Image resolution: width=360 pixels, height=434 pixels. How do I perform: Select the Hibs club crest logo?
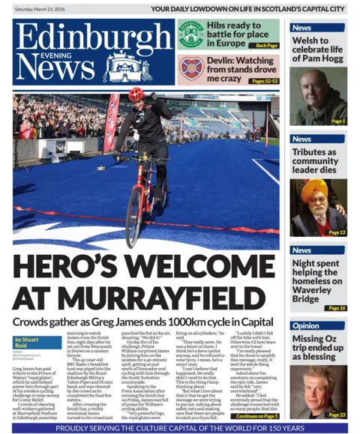191,34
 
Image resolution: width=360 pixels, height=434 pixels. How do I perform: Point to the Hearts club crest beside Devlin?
190,69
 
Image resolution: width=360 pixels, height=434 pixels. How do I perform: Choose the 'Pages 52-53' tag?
262,81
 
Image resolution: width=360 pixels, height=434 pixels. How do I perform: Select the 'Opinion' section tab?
305,326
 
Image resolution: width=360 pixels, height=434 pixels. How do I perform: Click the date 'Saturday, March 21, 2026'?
46,8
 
